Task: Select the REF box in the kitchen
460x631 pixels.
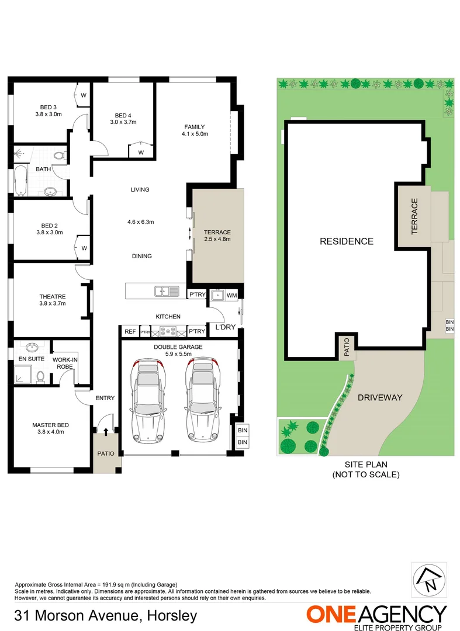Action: [130, 332]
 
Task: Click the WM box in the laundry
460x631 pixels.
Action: [231, 296]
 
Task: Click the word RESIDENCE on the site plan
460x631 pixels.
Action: [346, 241]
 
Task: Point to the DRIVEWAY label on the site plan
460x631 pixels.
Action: [380, 397]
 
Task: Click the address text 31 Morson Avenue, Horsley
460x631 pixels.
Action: [106, 616]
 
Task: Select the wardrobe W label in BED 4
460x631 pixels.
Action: [141, 152]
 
